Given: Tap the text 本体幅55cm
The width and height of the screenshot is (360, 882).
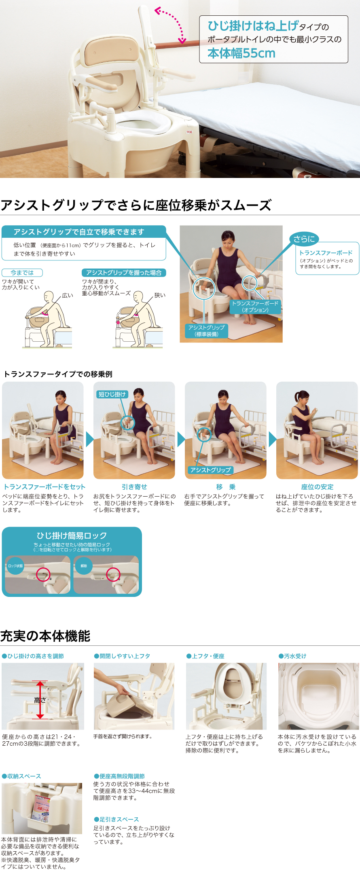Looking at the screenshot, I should click(x=241, y=53).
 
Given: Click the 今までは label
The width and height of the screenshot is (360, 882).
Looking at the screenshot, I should click(x=22, y=273).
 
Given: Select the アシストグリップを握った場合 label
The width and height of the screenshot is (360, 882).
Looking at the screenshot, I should click(x=124, y=273).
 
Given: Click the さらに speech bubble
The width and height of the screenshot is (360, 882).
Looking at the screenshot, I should click(x=304, y=239).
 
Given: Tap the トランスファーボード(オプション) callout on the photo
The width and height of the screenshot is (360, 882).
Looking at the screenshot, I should click(x=255, y=307).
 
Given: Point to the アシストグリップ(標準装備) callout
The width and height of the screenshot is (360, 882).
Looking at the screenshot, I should click(x=206, y=331).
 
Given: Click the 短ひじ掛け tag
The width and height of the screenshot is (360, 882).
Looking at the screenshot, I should click(x=112, y=394).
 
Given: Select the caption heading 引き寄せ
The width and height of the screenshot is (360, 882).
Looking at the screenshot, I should click(x=134, y=487).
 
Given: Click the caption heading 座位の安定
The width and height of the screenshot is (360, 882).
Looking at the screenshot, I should click(x=317, y=487).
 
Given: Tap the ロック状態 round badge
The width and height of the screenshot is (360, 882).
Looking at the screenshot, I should click(x=15, y=566).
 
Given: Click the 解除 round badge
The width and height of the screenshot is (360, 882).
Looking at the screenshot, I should click(x=84, y=566).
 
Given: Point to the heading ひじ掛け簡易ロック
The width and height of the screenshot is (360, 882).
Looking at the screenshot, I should click(x=72, y=535).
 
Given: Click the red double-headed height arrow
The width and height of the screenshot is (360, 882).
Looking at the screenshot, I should click(x=40, y=700).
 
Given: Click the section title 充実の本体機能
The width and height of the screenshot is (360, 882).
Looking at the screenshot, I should click(x=45, y=636).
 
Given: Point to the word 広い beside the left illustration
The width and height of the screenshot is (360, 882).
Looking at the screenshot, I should click(x=68, y=295).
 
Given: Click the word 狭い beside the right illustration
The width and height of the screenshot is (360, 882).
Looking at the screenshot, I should click(x=160, y=295).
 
